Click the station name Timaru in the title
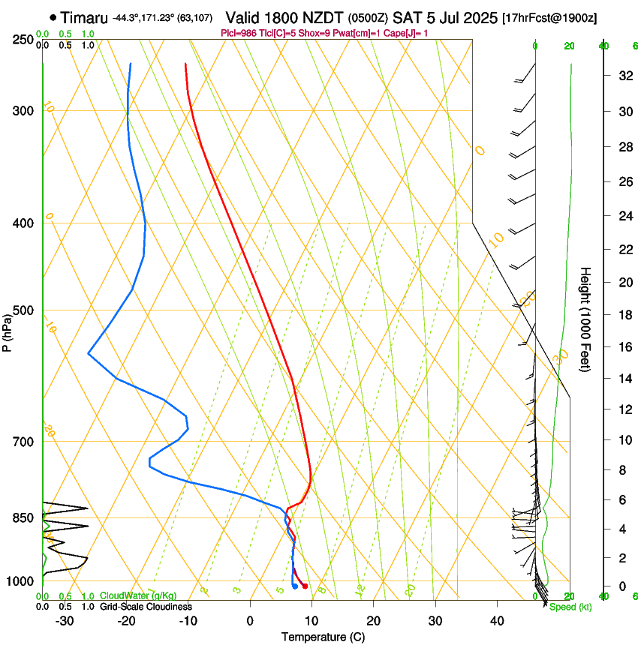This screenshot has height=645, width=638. pos(85,17)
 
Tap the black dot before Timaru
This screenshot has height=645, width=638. pos(53,17)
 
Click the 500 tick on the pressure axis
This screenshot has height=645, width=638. pos(23,310)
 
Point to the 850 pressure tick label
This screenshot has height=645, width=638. pos(23,517)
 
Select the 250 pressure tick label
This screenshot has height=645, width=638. pos(23,39)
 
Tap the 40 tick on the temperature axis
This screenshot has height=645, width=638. pos(496,620)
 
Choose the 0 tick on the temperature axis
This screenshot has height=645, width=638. pos(250,620)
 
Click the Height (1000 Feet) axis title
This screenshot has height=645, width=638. pos(585,319)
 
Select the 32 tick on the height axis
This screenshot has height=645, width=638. pos(623,76)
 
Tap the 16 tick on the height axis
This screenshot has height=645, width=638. pos(623,347)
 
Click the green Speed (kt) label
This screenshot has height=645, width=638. pos(570,607)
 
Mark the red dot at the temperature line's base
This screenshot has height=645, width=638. pos(305,586)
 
